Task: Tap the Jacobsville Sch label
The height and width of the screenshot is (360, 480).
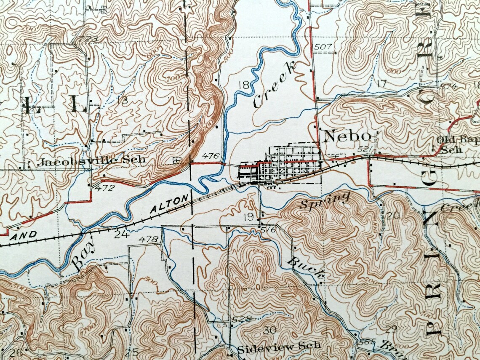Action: pos(91,160)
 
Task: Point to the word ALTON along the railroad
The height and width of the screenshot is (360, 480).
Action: pos(168,205)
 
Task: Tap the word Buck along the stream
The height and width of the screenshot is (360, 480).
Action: pos(306,268)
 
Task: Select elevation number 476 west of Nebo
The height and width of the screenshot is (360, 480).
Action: pos(211,156)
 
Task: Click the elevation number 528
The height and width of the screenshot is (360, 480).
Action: pos(241,319)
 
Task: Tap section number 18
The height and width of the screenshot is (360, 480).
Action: pos(243,85)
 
